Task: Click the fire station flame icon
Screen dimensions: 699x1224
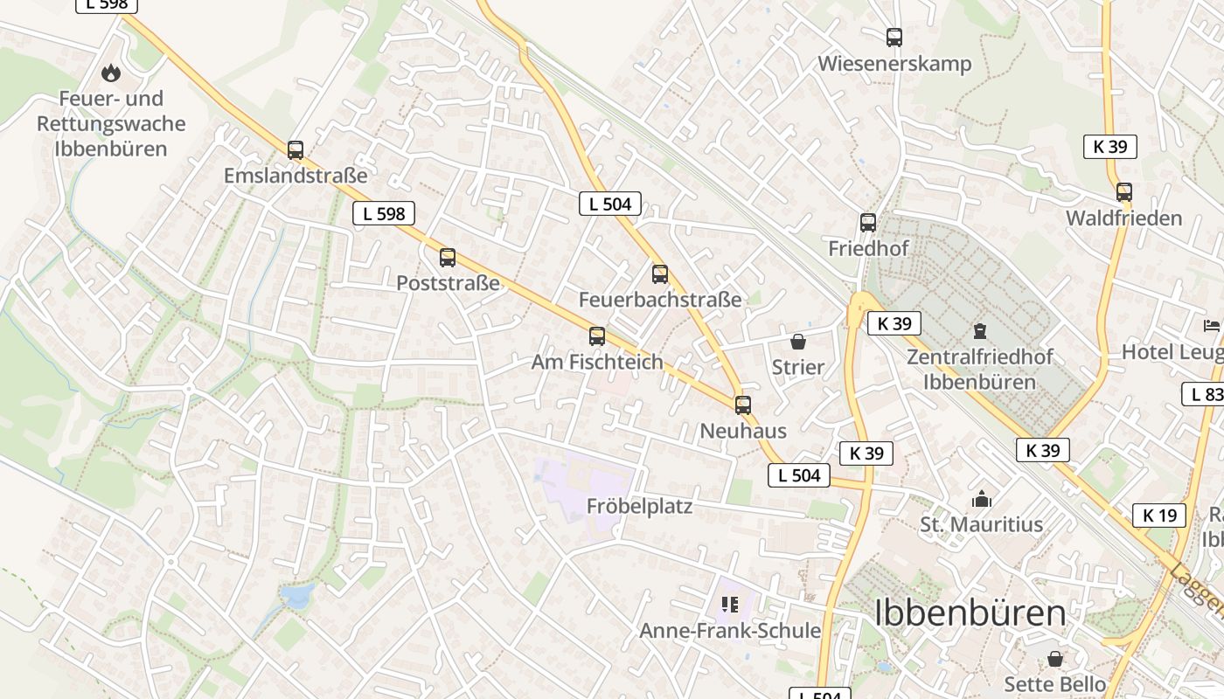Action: tap(110, 73)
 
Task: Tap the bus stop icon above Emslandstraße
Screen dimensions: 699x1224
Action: tap(296, 150)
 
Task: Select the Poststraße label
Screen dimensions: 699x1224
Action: tap(448, 283)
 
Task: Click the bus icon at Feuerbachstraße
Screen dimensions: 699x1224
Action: tap(660, 274)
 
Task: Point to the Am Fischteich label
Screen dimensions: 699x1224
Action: tap(597, 362)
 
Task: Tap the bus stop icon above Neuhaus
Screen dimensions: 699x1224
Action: tap(743, 405)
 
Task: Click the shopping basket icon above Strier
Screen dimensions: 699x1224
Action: tap(797, 342)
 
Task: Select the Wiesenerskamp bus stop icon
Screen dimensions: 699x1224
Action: tap(894, 38)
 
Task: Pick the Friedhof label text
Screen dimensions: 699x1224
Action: tap(868, 248)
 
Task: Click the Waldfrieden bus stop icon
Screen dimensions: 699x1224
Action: tap(1124, 192)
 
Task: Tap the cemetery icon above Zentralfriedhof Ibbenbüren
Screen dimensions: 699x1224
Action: tap(979, 331)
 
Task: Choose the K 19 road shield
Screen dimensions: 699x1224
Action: tap(1159, 516)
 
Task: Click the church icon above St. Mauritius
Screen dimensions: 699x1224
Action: tap(982, 499)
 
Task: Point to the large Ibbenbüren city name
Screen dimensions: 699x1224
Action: tap(970, 613)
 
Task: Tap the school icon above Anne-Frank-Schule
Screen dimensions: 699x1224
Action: tap(730, 605)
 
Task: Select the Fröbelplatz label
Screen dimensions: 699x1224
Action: tap(639, 506)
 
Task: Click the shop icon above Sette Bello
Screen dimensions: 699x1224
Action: tap(1055, 658)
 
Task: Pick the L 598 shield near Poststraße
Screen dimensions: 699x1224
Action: tap(384, 213)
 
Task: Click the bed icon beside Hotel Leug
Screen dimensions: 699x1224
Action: tap(1212, 326)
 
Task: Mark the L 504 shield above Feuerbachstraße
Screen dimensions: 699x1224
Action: tap(610, 204)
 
